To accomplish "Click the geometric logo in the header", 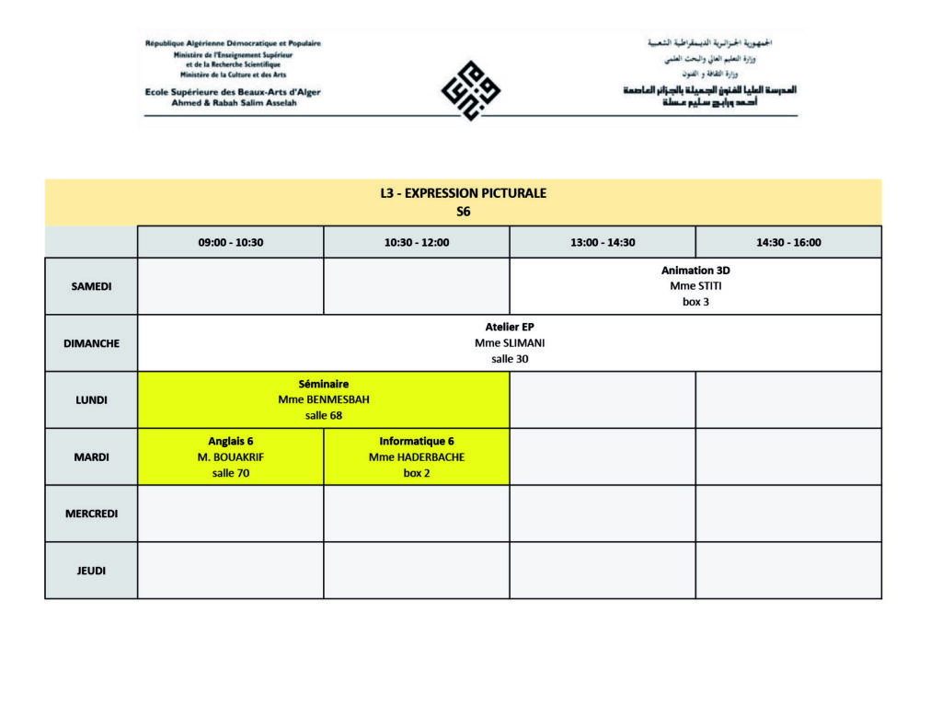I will click(x=471, y=90).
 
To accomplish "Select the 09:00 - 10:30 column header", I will click(x=230, y=243).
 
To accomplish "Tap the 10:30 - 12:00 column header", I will click(x=416, y=243).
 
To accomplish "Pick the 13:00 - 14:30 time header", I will click(x=603, y=243).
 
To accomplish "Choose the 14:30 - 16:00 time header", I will click(x=788, y=243).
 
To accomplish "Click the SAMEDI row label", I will click(x=91, y=286).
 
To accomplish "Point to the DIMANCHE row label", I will click(x=91, y=343).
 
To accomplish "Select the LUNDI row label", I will click(x=91, y=400).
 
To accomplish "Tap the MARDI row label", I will click(x=91, y=457).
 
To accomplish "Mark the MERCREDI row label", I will click(x=91, y=514).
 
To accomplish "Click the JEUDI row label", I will click(x=91, y=571).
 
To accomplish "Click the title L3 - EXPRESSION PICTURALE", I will click(x=464, y=193).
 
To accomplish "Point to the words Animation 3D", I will click(x=695, y=271).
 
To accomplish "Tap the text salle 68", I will click(x=324, y=416).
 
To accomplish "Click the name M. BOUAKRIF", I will click(x=231, y=457).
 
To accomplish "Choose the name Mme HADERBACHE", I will click(x=417, y=457).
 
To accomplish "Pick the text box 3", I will click(x=695, y=302).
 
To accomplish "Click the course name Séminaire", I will click(x=324, y=384).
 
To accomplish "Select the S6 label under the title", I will click(x=464, y=211).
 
